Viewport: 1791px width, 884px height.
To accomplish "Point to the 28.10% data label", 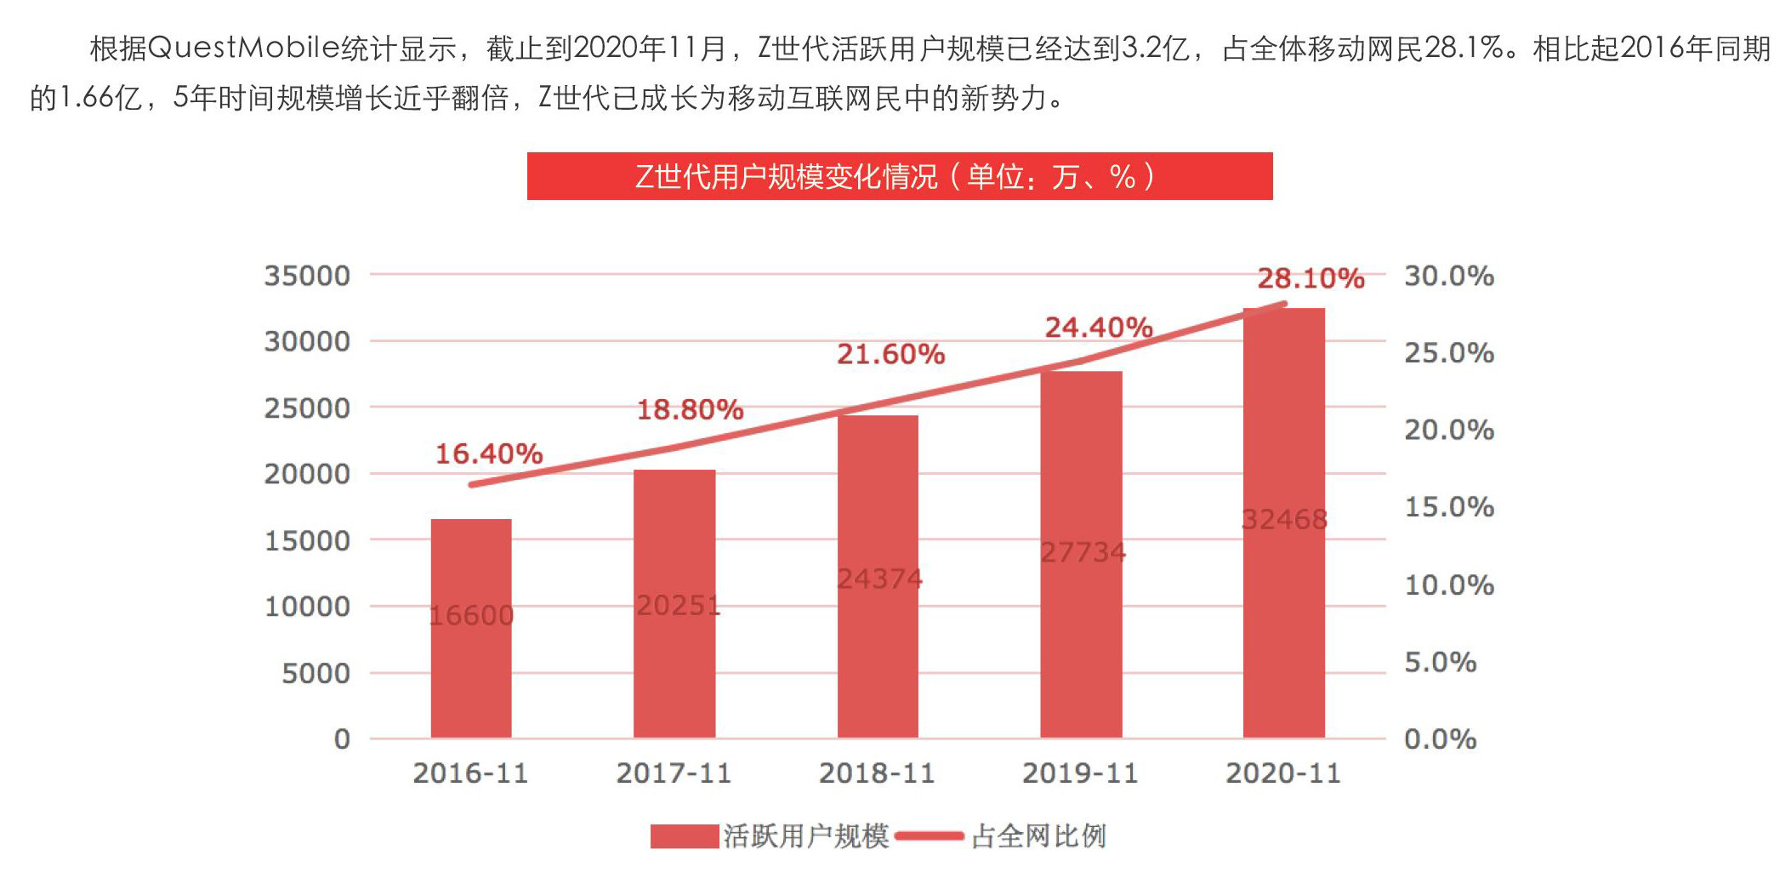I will tap(1311, 278).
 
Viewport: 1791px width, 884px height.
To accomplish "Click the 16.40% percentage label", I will tap(489, 453).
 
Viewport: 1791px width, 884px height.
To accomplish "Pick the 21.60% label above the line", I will tap(890, 354).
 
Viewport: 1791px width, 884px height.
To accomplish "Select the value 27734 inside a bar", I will tap(1083, 553).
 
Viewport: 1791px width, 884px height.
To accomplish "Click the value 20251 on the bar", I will tap(678, 606).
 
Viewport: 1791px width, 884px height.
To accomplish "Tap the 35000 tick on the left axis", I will tap(307, 276).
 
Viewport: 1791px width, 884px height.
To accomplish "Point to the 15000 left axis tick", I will tap(307, 540).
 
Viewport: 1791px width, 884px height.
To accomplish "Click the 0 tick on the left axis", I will tap(342, 739).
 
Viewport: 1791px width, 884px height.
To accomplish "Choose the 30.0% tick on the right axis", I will tap(1448, 276).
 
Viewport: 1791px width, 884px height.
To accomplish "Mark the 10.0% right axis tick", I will tap(1448, 585).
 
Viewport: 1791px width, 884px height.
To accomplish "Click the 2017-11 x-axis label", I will tap(674, 773).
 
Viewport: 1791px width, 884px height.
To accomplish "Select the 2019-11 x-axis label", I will tap(1080, 773).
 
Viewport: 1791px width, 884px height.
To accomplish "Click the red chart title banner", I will tap(899, 176).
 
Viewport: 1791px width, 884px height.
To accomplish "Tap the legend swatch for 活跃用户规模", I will tap(684, 836).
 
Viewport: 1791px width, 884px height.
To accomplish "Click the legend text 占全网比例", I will tap(1038, 836).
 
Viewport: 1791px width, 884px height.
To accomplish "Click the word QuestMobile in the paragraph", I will tap(243, 48).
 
